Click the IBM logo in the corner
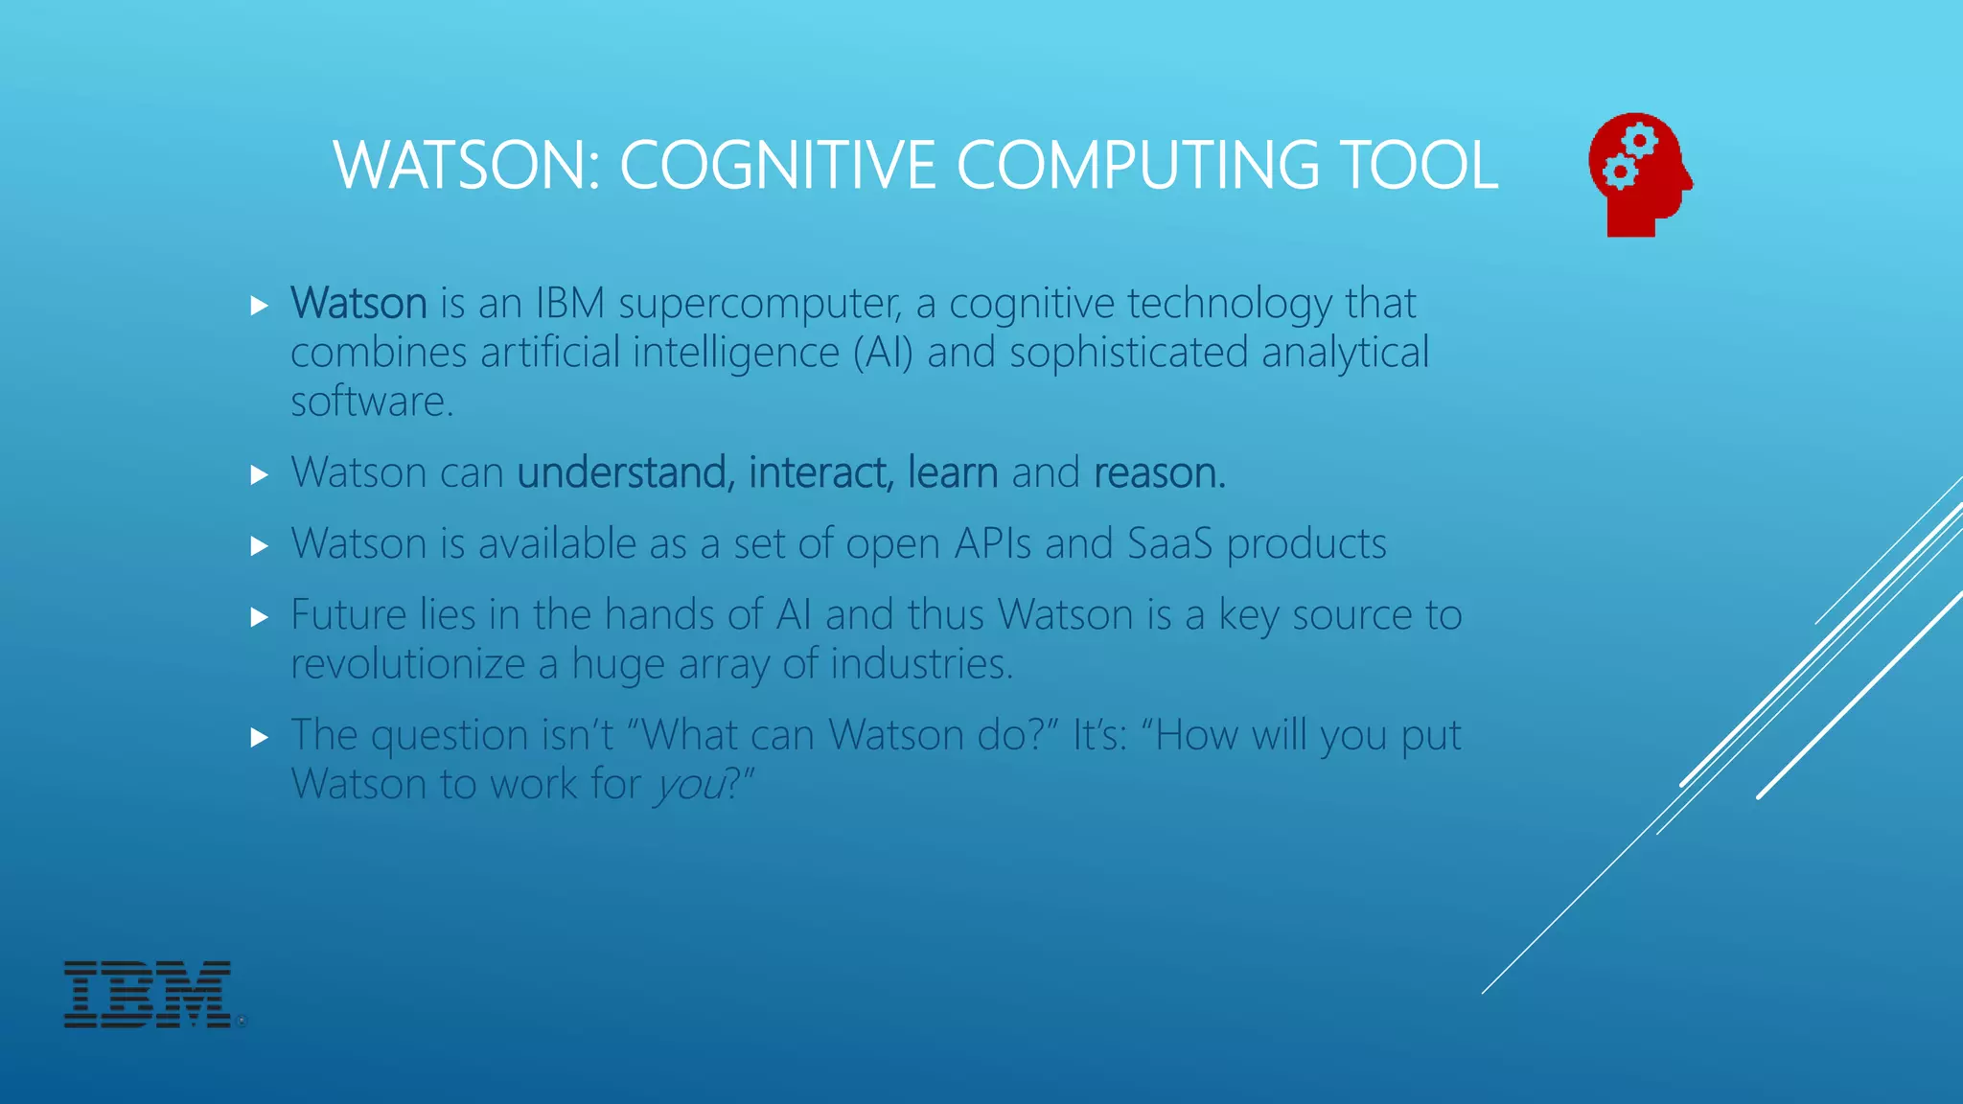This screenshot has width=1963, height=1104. pyautogui.click(x=148, y=995)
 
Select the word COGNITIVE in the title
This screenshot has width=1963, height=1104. pyautogui.click(x=777, y=165)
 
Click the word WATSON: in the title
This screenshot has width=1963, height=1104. pyautogui.click(x=467, y=165)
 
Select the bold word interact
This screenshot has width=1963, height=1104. pyautogui.click(x=820, y=473)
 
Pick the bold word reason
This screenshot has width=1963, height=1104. pyautogui.click(x=1158, y=473)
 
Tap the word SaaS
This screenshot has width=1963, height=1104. pyautogui.click(x=1169, y=544)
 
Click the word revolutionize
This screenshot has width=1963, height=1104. pyautogui.click(x=407, y=664)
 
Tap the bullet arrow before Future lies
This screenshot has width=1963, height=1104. pyautogui.click(x=259, y=617)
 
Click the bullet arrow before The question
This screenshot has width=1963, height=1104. pyautogui.click(x=259, y=737)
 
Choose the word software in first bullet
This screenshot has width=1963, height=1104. pyautogui.click(x=371, y=402)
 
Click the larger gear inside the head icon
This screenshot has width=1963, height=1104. pyautogui.click(x=1640, y=142)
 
